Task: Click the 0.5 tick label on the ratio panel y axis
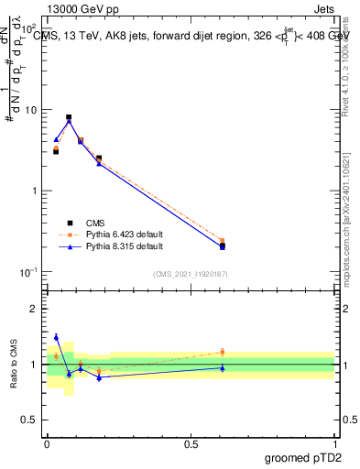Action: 33,420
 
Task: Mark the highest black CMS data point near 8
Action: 69,117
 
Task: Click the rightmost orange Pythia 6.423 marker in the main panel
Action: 223,241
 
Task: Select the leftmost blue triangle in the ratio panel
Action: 56,337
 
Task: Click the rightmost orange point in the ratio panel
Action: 223,352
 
